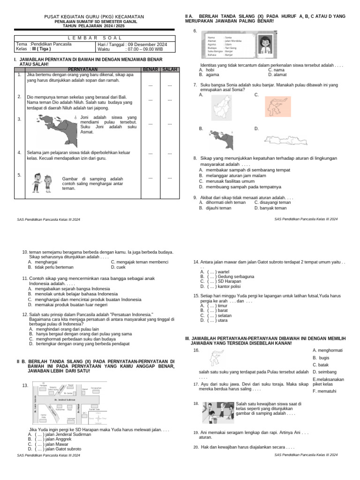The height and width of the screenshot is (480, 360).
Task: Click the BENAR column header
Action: click(x=150, y=69)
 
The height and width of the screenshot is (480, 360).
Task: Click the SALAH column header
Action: click(x=170, y=69)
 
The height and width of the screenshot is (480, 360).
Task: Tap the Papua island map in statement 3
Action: click(x=56, y=128)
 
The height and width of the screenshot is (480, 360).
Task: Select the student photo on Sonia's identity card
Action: click(x=266, y=45)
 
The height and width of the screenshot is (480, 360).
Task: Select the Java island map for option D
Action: click(x=283, y=139)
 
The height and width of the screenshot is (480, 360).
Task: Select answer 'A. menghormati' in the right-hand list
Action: click(x=327, y=350)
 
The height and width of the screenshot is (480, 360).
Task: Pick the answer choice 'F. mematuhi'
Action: click(x=324, y=391)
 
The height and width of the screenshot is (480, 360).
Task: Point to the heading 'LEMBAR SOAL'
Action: click(x=94, y=37)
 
